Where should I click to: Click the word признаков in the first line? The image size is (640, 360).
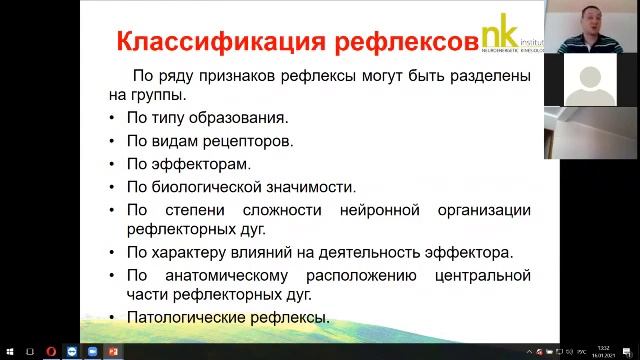pos(244,77)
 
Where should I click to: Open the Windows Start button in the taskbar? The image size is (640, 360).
pos(9,352)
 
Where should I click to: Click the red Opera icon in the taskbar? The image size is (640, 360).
pos(51,352)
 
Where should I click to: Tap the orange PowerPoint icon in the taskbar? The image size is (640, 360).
pos(113,352)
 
